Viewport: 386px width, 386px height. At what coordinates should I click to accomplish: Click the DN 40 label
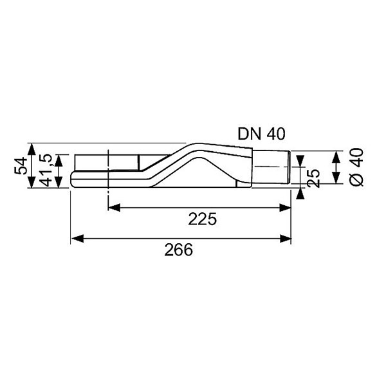click(x=261, y=134)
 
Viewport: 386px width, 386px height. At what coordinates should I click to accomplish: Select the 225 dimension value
click(x=203, y=219)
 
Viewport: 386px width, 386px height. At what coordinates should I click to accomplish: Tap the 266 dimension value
click(x=178, y=250)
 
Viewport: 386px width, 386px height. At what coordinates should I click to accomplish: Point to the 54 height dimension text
click(x=21, y=165)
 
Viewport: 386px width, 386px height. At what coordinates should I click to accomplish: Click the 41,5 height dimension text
click(x=46, y=170)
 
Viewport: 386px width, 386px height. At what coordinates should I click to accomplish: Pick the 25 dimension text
click(x=314, y=178)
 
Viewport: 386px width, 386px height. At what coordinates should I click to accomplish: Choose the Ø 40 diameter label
click(x=356, y=167)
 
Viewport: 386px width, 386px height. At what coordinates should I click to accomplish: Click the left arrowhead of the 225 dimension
click(x=114, y=208)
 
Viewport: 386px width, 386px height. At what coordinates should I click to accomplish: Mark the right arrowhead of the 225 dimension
click(x=285, y=208)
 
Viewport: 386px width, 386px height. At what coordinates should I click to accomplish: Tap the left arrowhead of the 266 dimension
click(x=77, y=239)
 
